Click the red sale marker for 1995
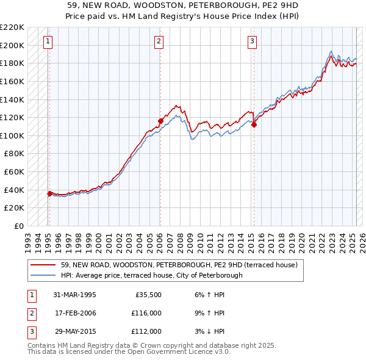pos(49,194)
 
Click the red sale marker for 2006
pos(160,121)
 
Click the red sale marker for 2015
pos(254,125)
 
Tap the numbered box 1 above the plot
pos(48,41)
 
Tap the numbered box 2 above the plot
pos(159,41)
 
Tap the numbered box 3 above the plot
pos(252,41)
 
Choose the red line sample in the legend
pos(44,265)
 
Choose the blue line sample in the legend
pos(44,275)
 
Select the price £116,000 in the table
pos(146,313)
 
